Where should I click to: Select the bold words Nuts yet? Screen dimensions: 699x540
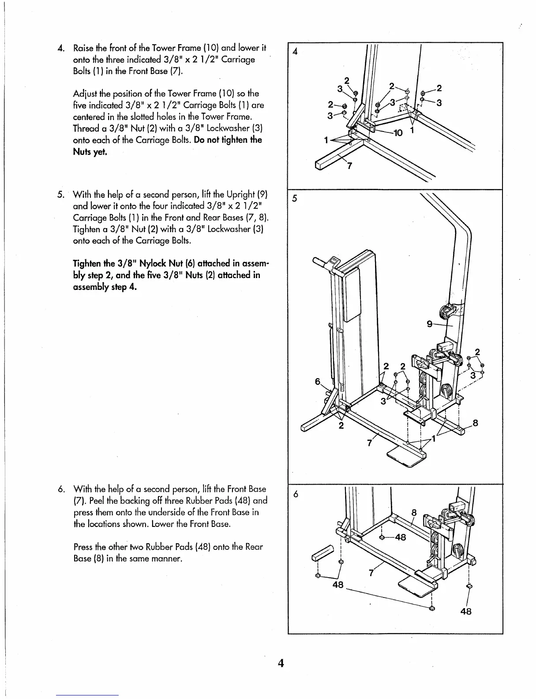click(90, 152)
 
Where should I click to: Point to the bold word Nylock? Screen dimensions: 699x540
click(171, 264)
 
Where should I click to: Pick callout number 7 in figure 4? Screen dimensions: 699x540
click(349, 166)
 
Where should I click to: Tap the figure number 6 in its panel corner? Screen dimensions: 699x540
click(296, 495)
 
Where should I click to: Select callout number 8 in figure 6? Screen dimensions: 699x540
click(413, 513)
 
